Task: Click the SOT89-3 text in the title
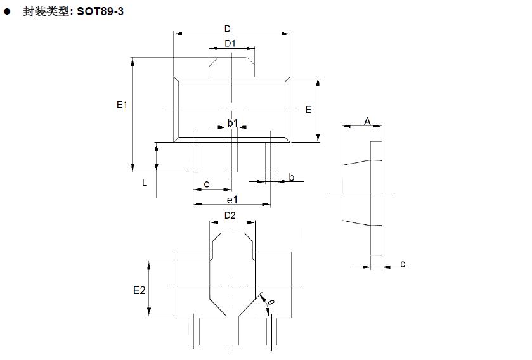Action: (100, 11)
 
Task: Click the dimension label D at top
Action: (228, 29)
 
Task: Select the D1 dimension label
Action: (230, 44)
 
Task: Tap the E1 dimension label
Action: (122, 105)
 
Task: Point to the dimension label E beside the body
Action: (308, 110)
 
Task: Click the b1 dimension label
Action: (233, 123)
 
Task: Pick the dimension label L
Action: (145, 183)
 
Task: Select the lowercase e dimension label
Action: (207, 184)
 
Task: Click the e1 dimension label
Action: (232, 200)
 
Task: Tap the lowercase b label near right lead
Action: (292, 177)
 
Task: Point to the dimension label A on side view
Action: (367, 120)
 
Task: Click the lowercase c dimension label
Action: (403, 264)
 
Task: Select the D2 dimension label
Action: (230, 215)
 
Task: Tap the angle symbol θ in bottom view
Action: (269, 305)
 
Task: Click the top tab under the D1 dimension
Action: (232, 67)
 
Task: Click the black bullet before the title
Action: (8, 11)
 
